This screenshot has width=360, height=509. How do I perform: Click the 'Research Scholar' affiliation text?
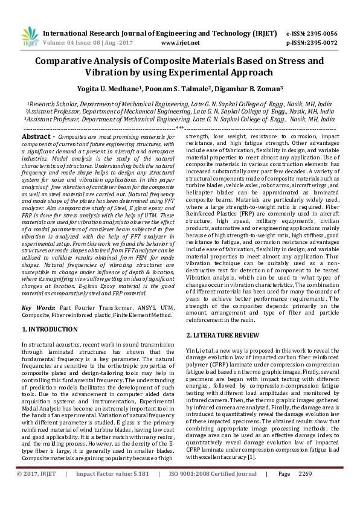51,104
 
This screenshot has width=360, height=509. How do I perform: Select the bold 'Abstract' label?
37,138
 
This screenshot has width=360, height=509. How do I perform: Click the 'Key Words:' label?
36,308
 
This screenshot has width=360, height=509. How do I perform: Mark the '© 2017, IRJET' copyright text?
36,491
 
